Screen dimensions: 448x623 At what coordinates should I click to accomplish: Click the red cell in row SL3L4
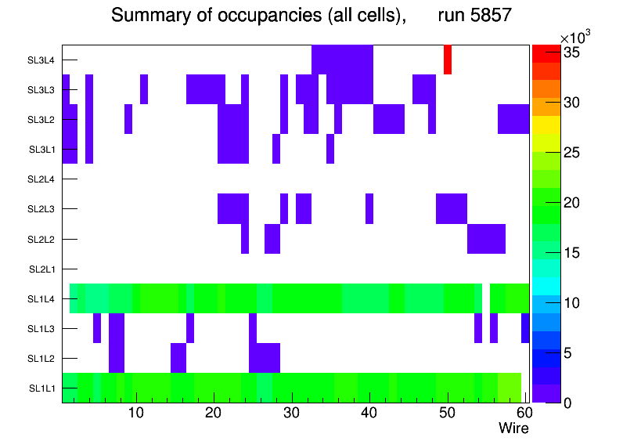coord(448,60)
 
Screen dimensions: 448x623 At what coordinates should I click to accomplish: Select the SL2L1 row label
coord(42,269)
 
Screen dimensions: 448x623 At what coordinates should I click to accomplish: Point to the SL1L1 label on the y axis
coord(42,388)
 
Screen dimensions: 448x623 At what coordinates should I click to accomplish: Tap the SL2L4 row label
coord(42,180)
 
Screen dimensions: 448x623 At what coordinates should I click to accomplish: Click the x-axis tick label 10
coord(136,413)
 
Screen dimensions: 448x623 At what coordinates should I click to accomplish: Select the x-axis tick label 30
coord(292,413)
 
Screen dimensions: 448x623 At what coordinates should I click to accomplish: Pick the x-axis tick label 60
coord(523,413)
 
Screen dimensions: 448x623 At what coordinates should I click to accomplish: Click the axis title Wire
coord(513,428)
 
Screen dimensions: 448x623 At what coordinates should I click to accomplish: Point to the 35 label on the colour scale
coord(575,52)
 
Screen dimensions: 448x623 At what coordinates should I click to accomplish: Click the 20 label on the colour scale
coord(575,203)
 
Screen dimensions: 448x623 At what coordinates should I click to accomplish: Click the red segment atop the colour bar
coord(546,53)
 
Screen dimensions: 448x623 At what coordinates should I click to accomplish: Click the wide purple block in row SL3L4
coord(342,60)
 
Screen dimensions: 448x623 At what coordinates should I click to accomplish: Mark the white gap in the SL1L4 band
coord(485,298)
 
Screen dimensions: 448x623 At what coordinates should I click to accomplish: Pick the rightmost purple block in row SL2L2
coord(486,239)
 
